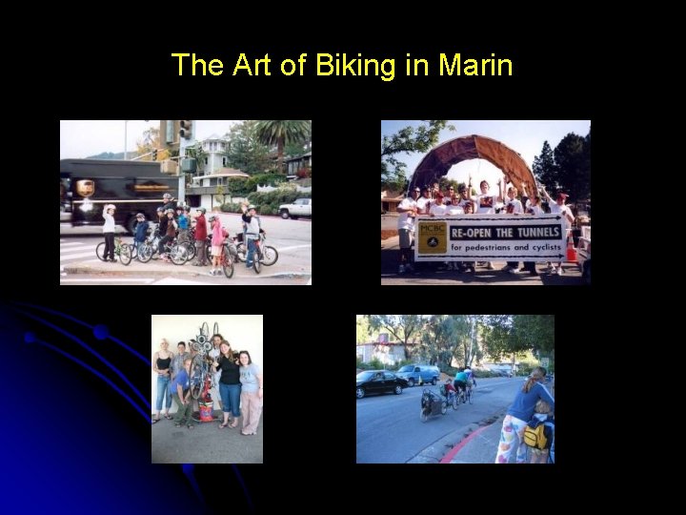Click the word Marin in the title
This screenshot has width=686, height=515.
click(x=475, y=66)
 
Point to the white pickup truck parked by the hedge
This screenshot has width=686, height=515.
click(x=295, y=208)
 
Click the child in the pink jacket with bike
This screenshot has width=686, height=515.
click(x=217, y=238)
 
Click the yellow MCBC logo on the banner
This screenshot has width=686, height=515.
click(x=433, y=238)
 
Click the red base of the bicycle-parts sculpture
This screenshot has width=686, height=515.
click(x=204, y=412)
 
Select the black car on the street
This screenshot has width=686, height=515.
click(x=382, y=383)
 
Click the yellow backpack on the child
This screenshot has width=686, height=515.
click(x=535, y=436)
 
